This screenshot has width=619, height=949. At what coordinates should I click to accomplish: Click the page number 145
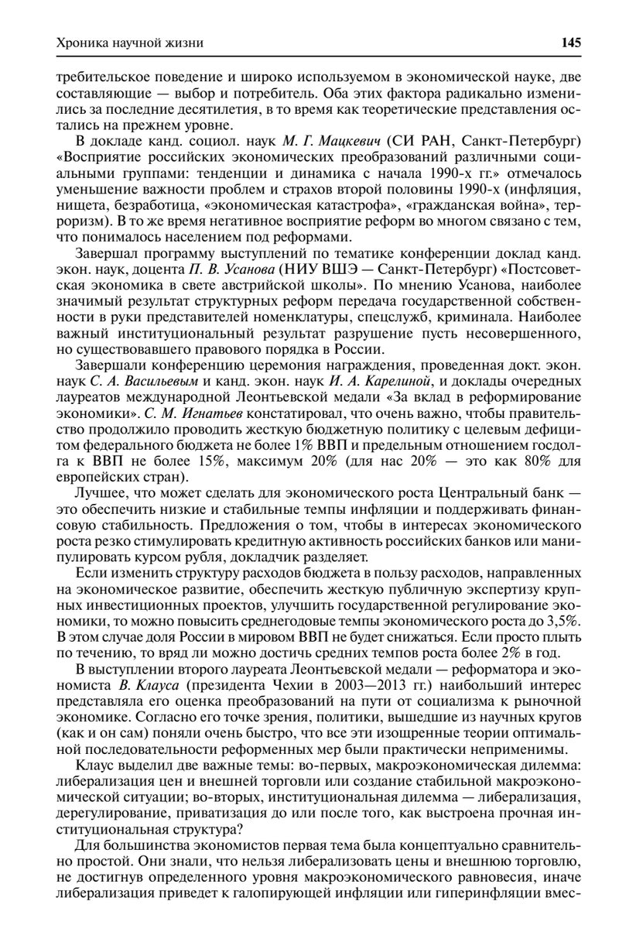(x=571, y=43)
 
